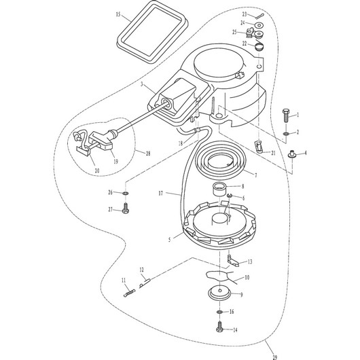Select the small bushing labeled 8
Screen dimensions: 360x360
click(219, 187)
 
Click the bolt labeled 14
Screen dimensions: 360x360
click(219, 329)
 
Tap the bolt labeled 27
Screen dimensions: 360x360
click(126, 211)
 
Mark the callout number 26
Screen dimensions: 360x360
click(111, 193)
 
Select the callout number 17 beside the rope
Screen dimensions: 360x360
click(161, 193)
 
